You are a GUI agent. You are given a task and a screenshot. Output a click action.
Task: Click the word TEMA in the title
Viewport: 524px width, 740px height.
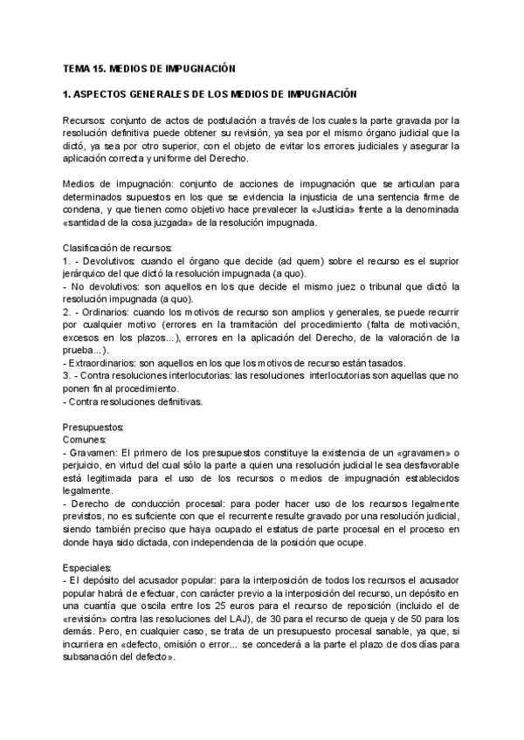click(x=76, y=67)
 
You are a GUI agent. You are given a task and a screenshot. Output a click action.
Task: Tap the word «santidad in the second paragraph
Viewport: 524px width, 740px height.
click(x=87, y=222)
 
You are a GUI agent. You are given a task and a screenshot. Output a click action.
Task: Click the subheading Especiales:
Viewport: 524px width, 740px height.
click(x=88, y=567)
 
